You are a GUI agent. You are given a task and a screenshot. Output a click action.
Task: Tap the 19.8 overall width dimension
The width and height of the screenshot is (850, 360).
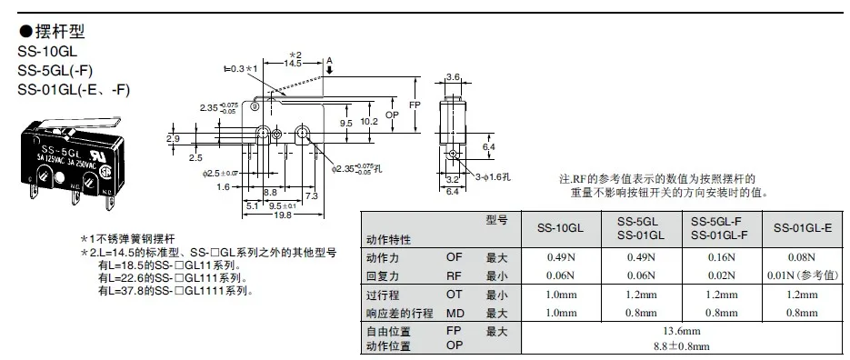(x=283, y=215)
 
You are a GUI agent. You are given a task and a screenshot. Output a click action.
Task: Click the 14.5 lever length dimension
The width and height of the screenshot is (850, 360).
(x=293, y=64)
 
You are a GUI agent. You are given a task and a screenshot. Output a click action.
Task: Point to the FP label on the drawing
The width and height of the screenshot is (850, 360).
(x=415, y=105)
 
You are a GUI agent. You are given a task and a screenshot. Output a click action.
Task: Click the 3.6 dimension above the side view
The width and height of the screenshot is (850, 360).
(x=454, y=76)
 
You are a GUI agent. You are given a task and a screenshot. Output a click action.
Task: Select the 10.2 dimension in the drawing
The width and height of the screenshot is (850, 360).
(x=368, y=123)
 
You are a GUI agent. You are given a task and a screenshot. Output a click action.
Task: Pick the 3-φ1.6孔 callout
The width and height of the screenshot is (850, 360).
(x=494, y=176)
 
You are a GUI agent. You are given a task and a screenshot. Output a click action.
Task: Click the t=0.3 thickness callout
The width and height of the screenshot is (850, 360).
(x=234, y=69)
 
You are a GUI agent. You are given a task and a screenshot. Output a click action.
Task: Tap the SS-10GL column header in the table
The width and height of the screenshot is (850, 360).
(x=561, y=228)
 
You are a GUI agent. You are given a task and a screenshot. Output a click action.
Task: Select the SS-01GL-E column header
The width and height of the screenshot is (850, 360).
(x=803, y=228)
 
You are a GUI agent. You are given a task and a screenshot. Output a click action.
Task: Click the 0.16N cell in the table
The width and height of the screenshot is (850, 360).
(x=722, y=257)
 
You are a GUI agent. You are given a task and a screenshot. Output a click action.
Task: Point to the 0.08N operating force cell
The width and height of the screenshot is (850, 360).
(x=803, y=257)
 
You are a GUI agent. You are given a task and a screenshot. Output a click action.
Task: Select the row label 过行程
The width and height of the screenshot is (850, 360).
(x=384, y=295)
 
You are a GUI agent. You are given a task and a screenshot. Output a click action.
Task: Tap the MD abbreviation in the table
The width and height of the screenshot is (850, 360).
(x=455, y=314)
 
